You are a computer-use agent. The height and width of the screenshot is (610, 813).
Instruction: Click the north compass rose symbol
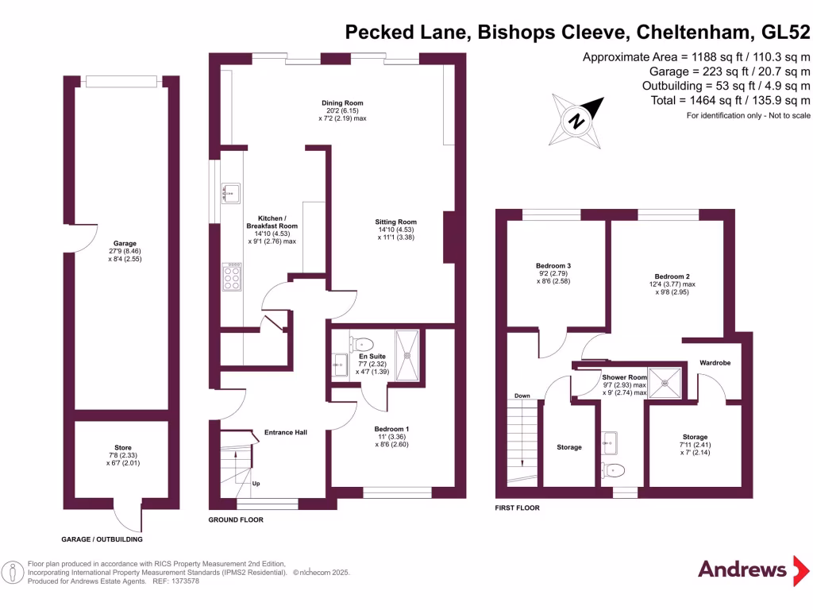[x=577, y=122]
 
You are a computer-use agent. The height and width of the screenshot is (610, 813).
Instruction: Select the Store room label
[x=122, y=448]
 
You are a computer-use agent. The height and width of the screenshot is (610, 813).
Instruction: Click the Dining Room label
[x=342, y=103]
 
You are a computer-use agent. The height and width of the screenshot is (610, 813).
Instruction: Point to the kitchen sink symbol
[x=229, y=192]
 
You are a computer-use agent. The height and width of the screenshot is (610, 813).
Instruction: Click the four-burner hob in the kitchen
[x=233, y=278]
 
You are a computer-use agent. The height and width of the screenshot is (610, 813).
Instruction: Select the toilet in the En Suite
[x=361, y=344]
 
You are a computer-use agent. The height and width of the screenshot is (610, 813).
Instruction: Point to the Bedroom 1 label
[x=391, y=429]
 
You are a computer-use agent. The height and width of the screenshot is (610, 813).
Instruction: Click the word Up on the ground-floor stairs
[x=256, y=483]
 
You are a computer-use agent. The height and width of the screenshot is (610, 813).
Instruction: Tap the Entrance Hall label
[x=285, y=433]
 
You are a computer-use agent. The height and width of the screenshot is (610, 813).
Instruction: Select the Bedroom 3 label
[x=553, y=265]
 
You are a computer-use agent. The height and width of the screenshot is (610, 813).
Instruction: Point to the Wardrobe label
[x=715, y=363]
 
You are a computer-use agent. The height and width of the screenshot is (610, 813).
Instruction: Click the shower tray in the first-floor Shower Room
[x=665, y=382]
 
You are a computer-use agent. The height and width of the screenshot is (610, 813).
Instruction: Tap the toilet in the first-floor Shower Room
[x=611, y=469]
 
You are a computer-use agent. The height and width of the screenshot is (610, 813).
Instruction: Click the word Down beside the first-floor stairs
[x=522, y=396]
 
